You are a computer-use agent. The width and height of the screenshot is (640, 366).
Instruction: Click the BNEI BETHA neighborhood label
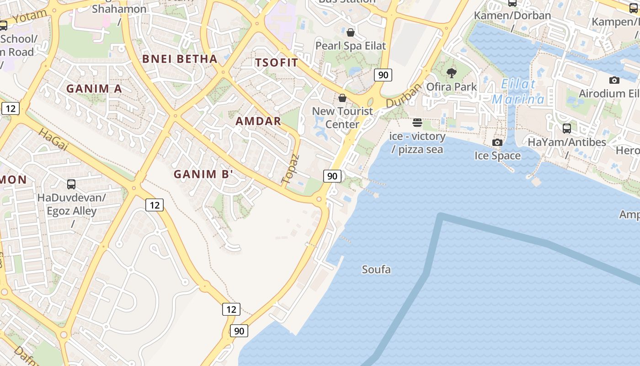coord(180,59)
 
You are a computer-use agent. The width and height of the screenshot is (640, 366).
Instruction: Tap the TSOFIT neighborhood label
coord(277,63)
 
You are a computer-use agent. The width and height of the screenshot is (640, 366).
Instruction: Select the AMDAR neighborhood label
coord(258,121)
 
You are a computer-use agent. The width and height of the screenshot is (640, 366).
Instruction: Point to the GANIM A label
coord(95,89)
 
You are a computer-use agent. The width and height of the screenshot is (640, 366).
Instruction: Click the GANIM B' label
coord(203,174)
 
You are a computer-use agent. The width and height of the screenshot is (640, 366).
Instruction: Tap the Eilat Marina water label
coord(518,91)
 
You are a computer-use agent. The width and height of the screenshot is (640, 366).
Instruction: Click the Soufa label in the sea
coord(376,269)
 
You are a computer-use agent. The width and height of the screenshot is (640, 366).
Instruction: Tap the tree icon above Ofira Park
coord(451,73)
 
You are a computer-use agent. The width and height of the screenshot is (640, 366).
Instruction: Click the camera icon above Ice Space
coord(497,142)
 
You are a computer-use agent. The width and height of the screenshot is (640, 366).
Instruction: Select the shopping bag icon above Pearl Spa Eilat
coord(351,32)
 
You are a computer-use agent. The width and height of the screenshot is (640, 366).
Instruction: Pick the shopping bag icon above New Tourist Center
coord(342,98)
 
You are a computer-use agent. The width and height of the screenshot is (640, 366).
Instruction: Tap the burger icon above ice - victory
coord(417,123)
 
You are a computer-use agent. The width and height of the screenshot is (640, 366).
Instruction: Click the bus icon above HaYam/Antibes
coord(567,129)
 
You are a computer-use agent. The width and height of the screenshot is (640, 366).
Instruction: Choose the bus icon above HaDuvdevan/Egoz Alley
coord(71,184)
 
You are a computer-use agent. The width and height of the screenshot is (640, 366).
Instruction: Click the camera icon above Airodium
coord(614,81)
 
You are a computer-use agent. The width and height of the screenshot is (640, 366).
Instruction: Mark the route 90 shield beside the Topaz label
coord(332,176)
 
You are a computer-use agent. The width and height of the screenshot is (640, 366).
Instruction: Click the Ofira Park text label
coord(452,86)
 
